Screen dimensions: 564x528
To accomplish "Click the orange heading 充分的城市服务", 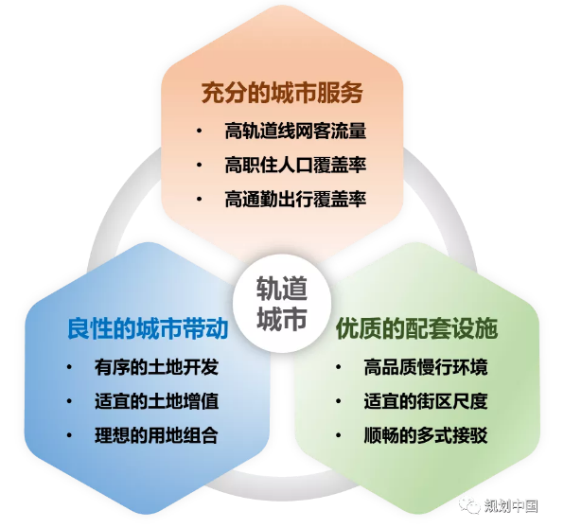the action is pyautogui.click(x=282, y=93).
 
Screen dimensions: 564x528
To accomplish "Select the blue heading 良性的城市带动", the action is pyautogui.click(x=148, y=328).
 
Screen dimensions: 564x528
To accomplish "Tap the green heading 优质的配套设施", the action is pyautogui.click(x=417, y=328).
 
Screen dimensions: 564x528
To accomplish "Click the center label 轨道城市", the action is pyautogui.click(x=282, y=303).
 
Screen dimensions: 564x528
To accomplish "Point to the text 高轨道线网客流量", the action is pyautogui.click(x=295, y=131).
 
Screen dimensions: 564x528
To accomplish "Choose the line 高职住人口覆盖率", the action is pyautogui.click(x=295, y=165).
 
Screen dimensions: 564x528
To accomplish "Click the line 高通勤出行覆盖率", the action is pyautogui.click(x=295, y=200).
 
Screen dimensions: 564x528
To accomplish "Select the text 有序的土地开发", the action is pyautogui.click(x=156, y=367).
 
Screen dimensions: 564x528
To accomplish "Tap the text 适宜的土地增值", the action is pyautogui.click(x=156, y=401).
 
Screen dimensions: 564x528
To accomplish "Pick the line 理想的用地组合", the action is pyautogui.click(x=156, y=435).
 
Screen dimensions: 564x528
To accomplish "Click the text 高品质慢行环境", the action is pyautogui.click(x=426, y=367).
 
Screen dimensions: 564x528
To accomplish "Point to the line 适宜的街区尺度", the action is pyautogui.click(x=426, y=401).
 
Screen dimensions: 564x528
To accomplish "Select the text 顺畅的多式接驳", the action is pyautogui.click(x=426, y=435).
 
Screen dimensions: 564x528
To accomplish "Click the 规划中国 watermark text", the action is pyautogui.click(x=511, y=506).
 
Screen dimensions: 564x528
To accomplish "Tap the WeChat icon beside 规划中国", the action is pyautogui.click(x=469, y=505).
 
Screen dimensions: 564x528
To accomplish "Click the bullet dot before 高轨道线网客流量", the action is pyautogui.click(x=200, y=131).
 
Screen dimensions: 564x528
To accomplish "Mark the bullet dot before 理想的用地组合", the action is pyautogui.click(x=69, y=435).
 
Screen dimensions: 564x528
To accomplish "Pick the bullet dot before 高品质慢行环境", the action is pyautogui.click(x=338, y=367).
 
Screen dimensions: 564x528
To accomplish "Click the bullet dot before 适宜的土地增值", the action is pyautogui.click(x=69, y=401).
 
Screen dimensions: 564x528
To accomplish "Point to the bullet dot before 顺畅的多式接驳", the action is pyautogui.click(x=338, y=435).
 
